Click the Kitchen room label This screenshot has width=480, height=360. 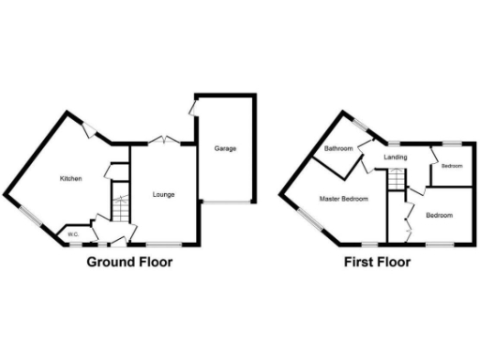point(71,178)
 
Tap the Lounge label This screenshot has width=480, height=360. point(163,194)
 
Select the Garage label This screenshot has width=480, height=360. point(225,149)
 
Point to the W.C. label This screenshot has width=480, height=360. point(72,234)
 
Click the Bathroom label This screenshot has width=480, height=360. point(338,149)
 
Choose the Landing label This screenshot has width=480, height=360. point(396,157)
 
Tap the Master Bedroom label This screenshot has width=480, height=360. point(342,199)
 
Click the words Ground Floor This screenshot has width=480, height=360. point(129,262)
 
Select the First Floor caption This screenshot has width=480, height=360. point(377,262)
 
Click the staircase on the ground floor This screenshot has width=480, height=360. point(118,204)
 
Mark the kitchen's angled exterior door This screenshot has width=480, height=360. point(88,131)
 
